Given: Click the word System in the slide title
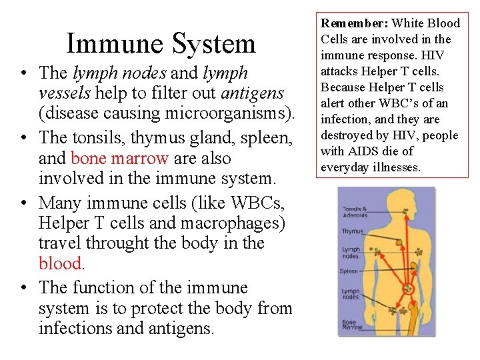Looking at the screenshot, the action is coord(215,43).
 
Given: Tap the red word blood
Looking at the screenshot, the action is coord(59,263).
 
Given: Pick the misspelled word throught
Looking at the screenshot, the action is coord(113,243).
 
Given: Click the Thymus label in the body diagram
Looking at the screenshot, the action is coord(352,231).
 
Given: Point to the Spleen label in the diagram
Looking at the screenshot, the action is coord(349,271).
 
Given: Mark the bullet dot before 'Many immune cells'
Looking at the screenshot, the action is coord(23,202).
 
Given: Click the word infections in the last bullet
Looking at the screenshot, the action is coord(77,328).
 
